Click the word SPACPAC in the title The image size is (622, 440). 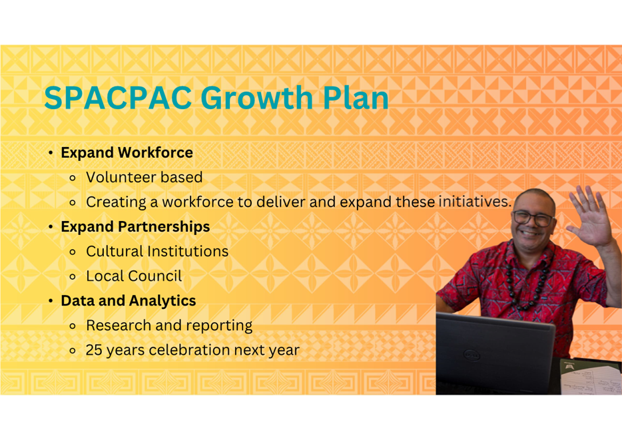point(119,97)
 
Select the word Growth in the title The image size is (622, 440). point(257,97)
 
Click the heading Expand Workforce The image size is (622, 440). point(127,152)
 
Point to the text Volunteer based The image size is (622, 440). point(145,177)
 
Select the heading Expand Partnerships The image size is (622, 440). point(135,227)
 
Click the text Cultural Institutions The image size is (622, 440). point(157,252)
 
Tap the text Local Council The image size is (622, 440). point(134,276)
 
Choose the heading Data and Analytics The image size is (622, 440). point(129,301)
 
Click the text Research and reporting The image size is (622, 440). point(169,326)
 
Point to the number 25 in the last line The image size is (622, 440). point(94,350)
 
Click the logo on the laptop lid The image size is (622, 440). point(472,355)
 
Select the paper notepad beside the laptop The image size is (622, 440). point(591,377)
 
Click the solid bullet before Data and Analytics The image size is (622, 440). point(51,302)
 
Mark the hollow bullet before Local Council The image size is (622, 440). point(72,277)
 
